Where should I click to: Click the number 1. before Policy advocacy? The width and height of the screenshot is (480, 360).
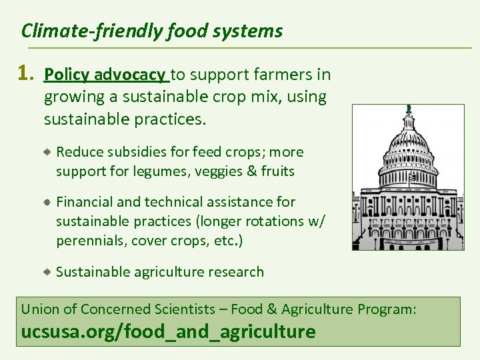[x=27, y=75]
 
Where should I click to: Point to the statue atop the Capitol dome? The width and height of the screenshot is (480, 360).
[x=408, y=109]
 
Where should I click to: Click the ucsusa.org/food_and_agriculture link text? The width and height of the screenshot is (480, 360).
[x=169, y=331]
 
